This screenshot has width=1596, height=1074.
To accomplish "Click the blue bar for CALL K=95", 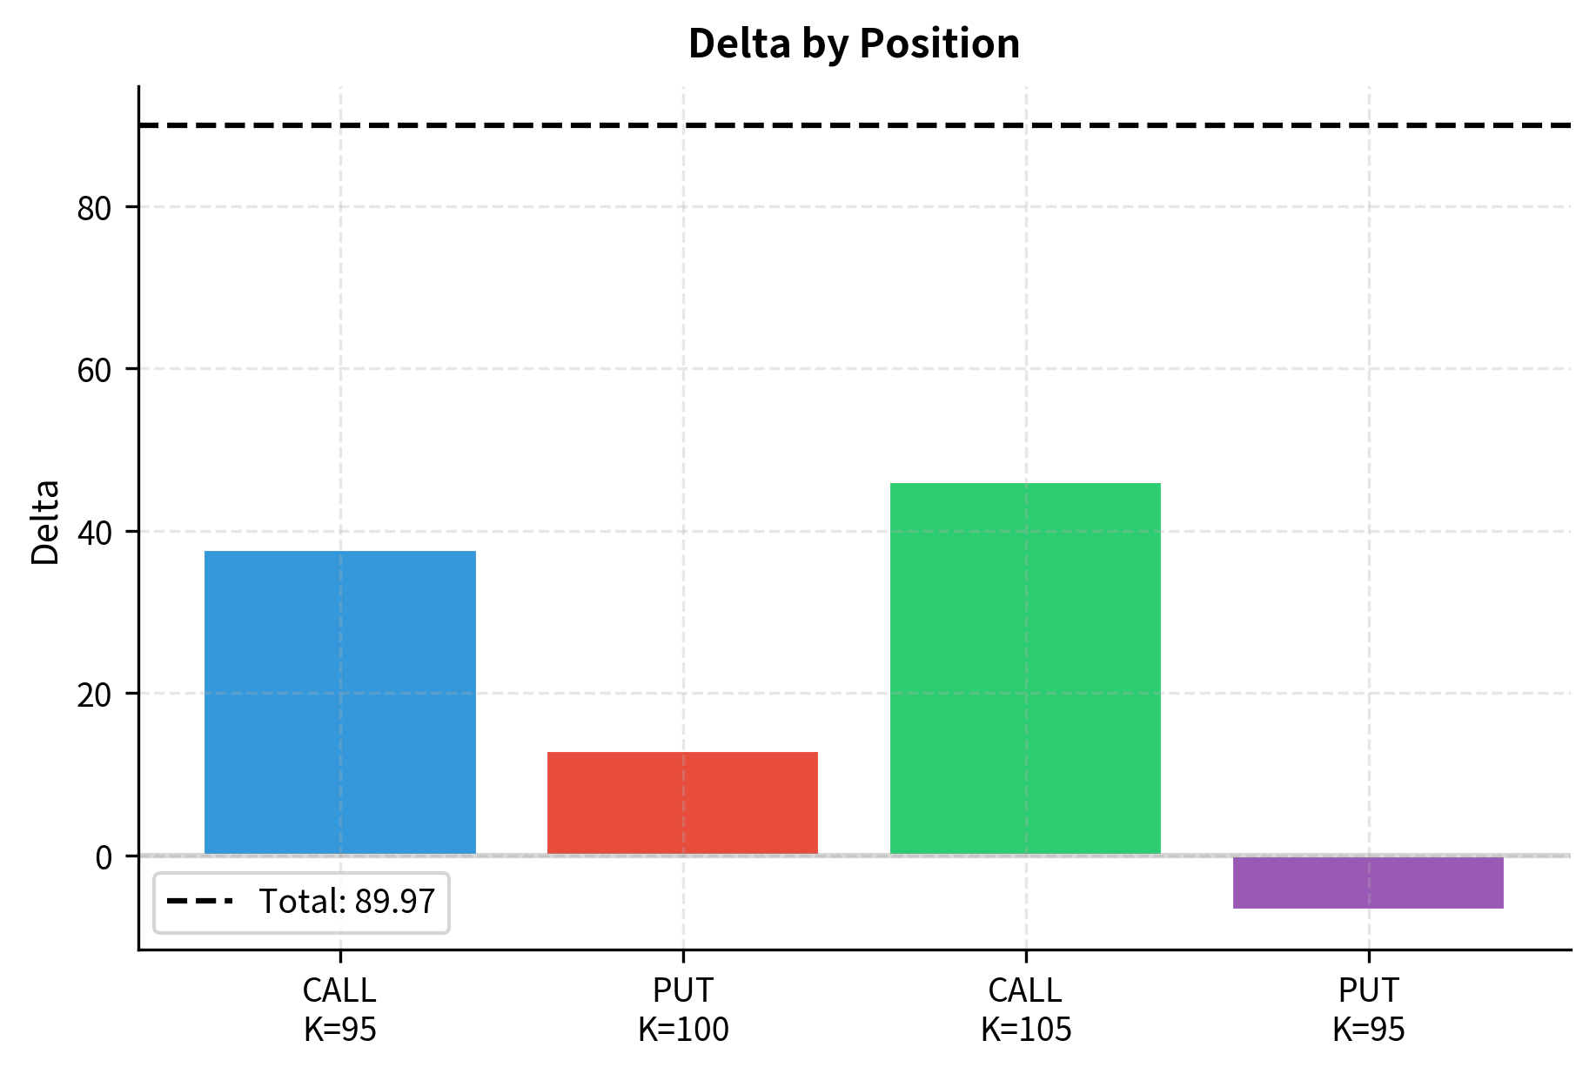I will point(339,702).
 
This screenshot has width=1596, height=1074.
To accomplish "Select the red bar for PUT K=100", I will point(682,802).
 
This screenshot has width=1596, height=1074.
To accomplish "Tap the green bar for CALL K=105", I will point(1025,668).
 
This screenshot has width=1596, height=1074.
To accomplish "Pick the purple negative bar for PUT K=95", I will point(1368,883).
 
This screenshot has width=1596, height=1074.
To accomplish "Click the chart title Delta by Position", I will point(854,44).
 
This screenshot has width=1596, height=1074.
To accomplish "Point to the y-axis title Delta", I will point(45,522).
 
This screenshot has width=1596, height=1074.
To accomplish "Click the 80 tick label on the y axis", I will point(94,208).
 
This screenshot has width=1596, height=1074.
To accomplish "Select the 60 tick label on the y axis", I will point(94,370).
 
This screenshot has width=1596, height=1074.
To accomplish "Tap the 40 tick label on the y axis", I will point(94,533).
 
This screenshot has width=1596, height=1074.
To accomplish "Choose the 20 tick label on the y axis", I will point(94,695).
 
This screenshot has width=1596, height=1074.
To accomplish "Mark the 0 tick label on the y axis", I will point(104,857).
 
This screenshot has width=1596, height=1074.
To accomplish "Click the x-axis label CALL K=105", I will point(1025,1010).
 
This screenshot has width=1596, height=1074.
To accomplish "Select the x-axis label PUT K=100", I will point(682,1010).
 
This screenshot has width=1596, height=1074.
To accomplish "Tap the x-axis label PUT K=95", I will point(1368,1010).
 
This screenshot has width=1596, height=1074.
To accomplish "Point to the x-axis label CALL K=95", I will point(339,1010).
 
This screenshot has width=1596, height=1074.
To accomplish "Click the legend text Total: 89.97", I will point(346,902).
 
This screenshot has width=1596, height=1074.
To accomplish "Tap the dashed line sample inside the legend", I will point(199,902).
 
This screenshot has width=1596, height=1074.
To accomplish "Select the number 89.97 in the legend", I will point(394,902).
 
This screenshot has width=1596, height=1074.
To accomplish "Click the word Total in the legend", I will point(301,902).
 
